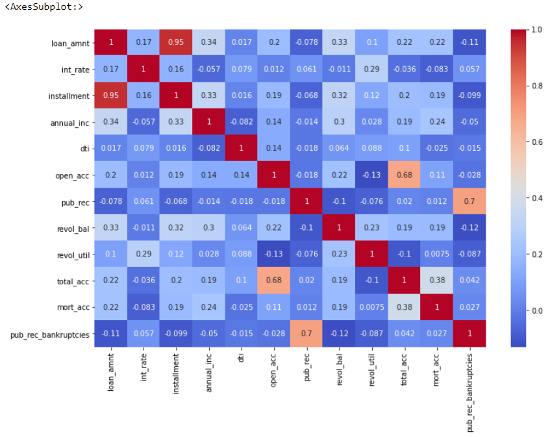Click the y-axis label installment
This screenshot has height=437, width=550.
point(69,96)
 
